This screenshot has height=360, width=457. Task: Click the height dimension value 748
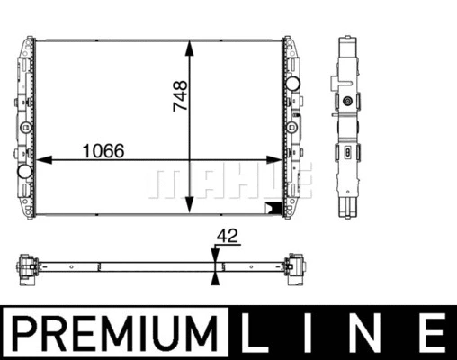click(x=180, y=96)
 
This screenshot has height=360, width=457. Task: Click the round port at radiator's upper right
click(x=291, y=85)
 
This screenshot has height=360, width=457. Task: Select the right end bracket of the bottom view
click(x=293, y=266)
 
